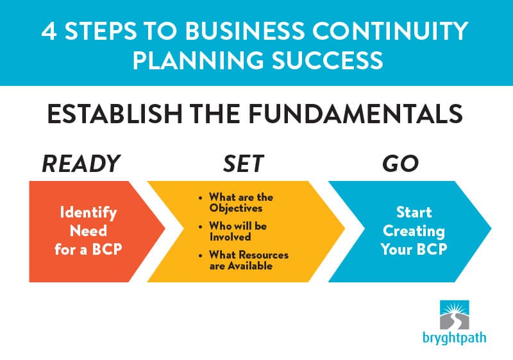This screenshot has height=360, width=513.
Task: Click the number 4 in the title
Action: [49, 31]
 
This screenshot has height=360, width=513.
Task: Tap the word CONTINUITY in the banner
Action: [390, 31]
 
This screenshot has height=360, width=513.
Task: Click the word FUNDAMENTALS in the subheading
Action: [355, 114]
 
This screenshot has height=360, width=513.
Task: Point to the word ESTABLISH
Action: [115, 114]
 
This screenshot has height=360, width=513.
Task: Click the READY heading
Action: [81, 164]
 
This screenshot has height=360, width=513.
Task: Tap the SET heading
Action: [244, 164]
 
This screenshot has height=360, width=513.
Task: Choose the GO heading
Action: [400, 164]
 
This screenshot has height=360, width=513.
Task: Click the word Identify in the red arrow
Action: [88, 213]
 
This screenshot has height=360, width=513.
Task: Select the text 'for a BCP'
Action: [88, 250]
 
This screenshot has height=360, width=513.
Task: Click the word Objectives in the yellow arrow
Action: [236, 209]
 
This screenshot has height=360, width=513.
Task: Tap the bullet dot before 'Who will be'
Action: [201, 227]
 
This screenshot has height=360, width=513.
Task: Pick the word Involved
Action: [230, 237]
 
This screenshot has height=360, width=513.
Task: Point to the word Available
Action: [250, 266]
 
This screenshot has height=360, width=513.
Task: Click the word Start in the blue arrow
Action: [414, 212]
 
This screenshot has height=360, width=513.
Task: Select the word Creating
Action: [414, 232]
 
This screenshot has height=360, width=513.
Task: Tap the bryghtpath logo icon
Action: [455, 315]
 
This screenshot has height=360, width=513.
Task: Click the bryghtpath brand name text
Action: [455, 338]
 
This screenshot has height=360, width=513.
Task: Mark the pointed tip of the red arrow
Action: [165, 228]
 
